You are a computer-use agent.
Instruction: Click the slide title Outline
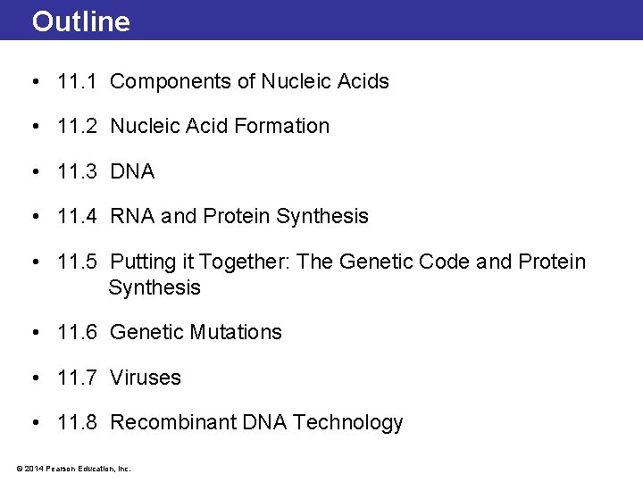tap(81, 21)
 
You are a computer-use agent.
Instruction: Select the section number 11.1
tap(77, 82)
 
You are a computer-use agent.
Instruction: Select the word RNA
tap(132, 217)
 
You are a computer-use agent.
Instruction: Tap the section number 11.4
tap(77, 217)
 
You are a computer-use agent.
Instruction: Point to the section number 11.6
tap(77, 333)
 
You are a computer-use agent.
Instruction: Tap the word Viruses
tap(146, 378)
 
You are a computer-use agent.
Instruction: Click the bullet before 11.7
tap(34, 378)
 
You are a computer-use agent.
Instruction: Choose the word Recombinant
tap(173, 423)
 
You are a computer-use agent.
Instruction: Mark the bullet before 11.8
tap(34, 423)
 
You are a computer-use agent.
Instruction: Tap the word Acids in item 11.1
tap(363, 82)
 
